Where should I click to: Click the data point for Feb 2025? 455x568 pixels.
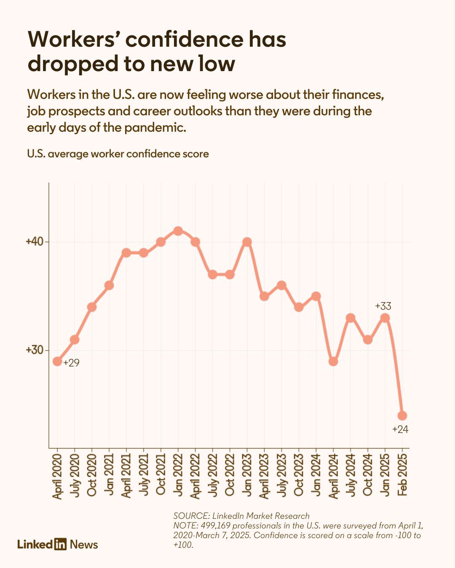click(x=402, y=416)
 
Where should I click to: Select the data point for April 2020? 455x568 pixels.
click(x=57, y=361)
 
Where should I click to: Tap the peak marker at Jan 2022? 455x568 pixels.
click(x=178, y=231)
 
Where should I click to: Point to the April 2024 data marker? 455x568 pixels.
click(x=333, y=361)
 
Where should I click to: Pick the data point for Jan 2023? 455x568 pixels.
click(x=247, y=242)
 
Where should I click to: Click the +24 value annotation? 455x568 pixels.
click(x=400, y=430)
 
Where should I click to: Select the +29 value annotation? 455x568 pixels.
click(x=71, y=363)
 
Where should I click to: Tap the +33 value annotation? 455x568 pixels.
click(x=383, y=306)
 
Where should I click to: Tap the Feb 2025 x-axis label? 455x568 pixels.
click(x=402, y=473)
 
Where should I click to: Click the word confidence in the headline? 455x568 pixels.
click(x=185, y=39)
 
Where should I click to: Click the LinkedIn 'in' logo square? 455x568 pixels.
click(x=60, y=544)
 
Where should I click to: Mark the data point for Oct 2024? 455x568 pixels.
click(x=367, y=340)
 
